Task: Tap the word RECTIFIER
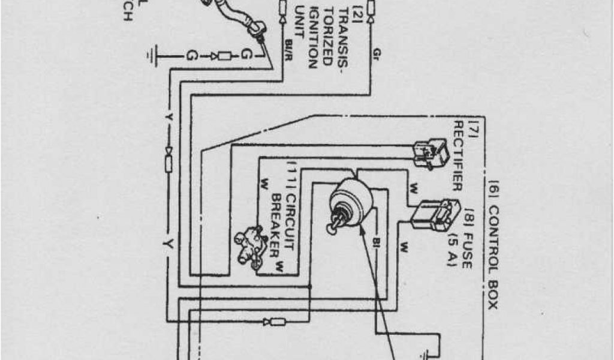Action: click(458, 155)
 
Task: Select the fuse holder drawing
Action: click(431, 215)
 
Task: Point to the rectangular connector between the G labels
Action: click(225, 56)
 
